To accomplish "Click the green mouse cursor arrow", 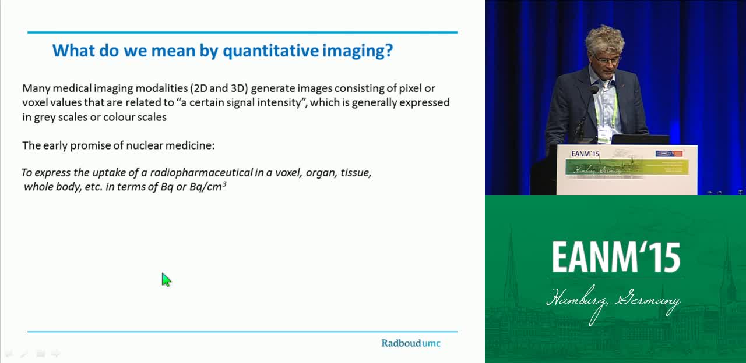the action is point(166,280).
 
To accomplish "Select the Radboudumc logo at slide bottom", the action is point(411,343).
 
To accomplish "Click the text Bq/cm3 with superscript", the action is point(208,187).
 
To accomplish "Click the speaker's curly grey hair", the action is point(604,39).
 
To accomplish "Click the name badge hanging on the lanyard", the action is point(604,134).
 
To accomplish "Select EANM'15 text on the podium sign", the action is point(585,154).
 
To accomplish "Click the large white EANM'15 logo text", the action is point(616,257).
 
